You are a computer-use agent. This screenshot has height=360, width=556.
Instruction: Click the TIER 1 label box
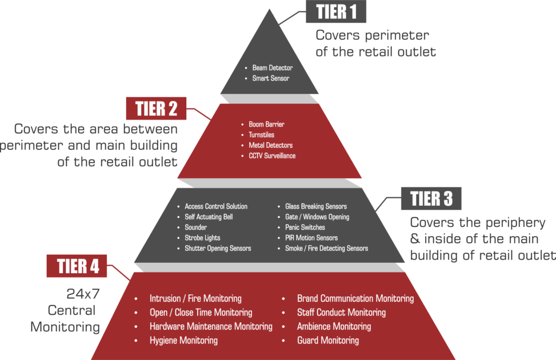pos(336,11)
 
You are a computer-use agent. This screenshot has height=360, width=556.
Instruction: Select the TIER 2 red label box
pos(156,108)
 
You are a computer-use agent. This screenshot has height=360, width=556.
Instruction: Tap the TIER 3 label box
pos(431,198)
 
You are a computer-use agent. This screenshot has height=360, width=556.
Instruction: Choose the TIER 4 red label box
pos(77,266)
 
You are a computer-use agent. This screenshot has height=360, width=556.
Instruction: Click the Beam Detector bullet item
pos(273,68)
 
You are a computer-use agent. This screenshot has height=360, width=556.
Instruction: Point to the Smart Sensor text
pos(270,78)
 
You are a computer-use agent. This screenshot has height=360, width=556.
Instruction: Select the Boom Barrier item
pos(266,124)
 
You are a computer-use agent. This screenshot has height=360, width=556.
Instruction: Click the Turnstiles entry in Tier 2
pos(261,135)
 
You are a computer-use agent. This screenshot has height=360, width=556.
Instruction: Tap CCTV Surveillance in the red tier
pos(272,156)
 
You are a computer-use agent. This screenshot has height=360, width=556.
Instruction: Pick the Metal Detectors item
pos(270,146)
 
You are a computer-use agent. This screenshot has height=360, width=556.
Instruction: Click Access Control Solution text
pos(216,206)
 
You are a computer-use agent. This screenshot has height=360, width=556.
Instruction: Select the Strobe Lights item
pos(202,238)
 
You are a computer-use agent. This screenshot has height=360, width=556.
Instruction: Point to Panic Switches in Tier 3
pos(305,228)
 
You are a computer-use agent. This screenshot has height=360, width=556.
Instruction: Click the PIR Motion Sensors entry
pos(311,238)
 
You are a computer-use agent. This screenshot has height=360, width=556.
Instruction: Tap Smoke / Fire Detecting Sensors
pos(326,248)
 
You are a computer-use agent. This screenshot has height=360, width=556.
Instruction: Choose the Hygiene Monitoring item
pos(184,340)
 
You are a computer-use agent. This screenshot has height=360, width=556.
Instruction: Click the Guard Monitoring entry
pos(328,340)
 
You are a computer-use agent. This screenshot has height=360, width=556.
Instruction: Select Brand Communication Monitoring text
pos(355,299)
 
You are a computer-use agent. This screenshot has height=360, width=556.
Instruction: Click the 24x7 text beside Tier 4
pos(83,294)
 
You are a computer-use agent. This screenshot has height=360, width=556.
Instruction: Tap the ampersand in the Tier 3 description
pos(414,239)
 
